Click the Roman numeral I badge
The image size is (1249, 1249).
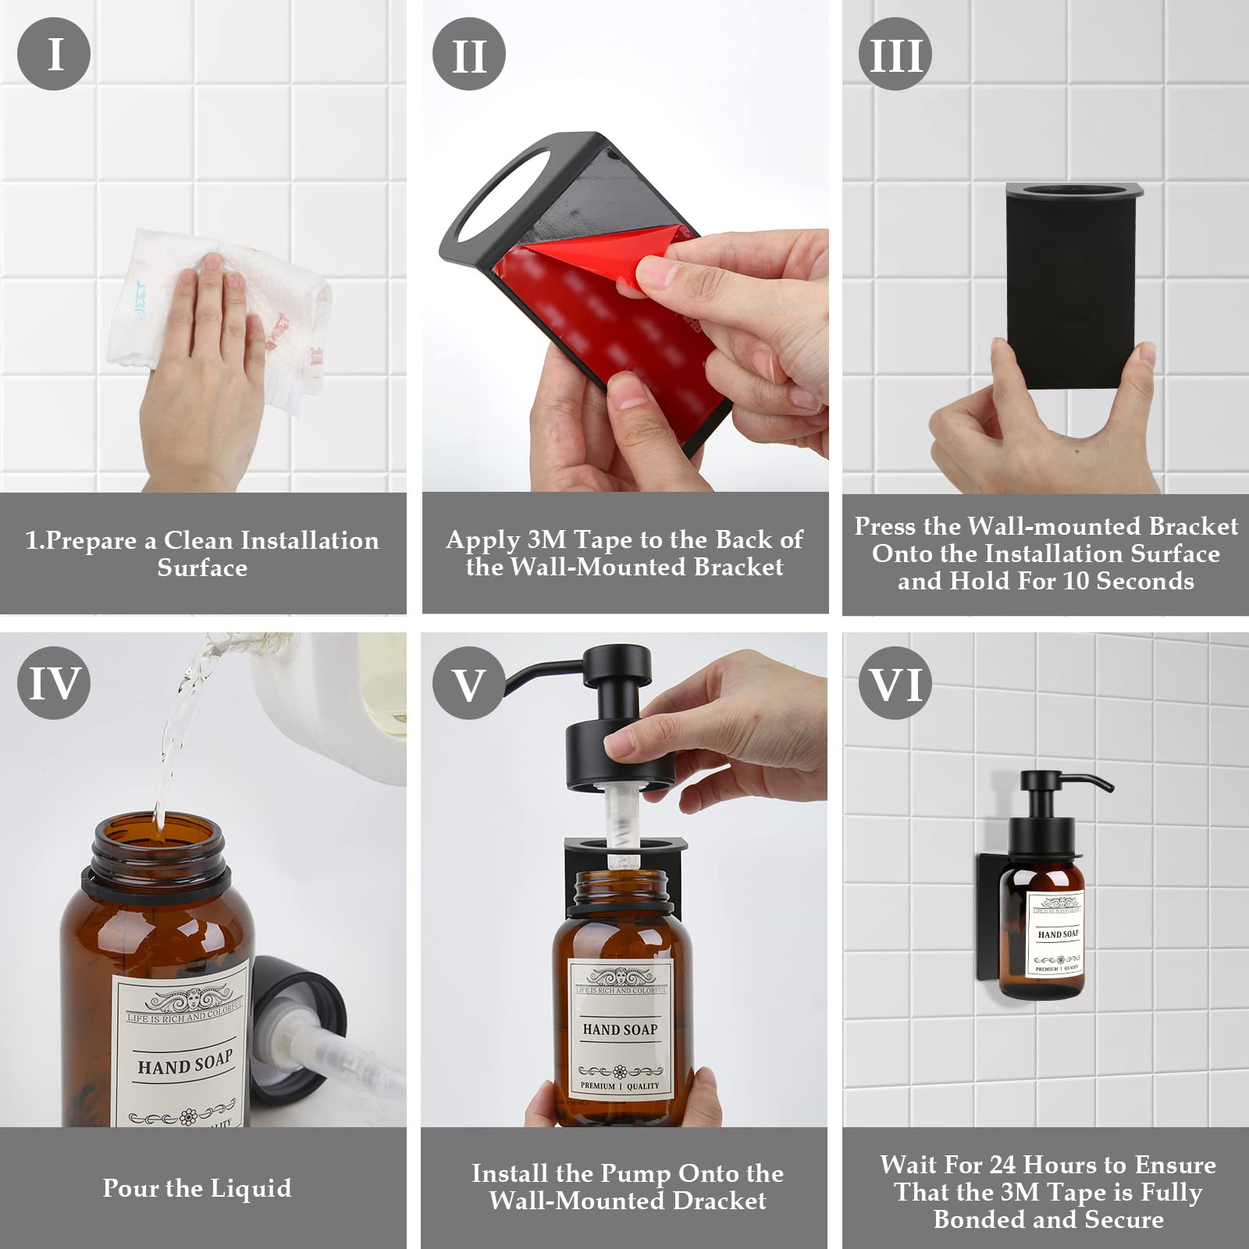pyautogui.click(x=54, y=54)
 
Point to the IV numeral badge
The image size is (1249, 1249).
pyautogui.click(x=54, y=683)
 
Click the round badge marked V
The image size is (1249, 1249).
pyautogui.click(x=468, y=684)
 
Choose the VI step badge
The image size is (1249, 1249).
pyautogui.click(x=895, y=684)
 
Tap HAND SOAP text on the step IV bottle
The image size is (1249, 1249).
pyautogui.click(x=185, y=1063)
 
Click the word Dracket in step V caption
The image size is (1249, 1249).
pyautogui.click(x=719, y=1201)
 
